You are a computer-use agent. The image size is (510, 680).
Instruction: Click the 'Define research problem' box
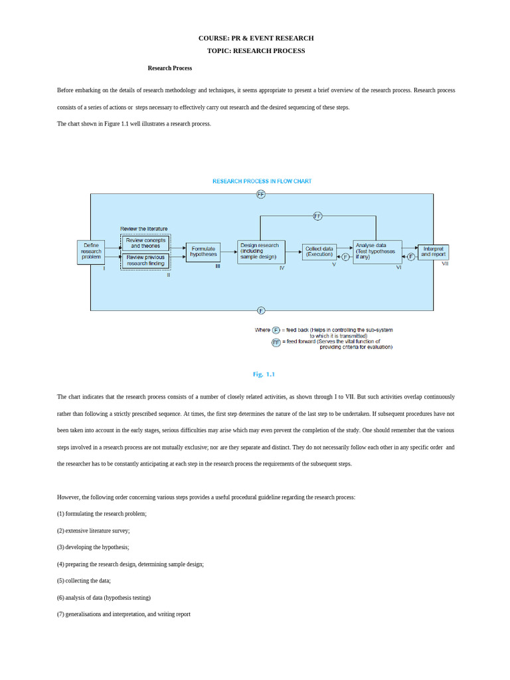(91, 252)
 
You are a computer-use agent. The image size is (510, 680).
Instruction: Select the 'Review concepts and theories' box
(145, 243)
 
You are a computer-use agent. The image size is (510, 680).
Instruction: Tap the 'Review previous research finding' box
(145, 260)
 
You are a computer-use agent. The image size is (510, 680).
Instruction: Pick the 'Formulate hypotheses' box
(203, 252)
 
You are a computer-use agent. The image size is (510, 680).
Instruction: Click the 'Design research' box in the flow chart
(261, 252)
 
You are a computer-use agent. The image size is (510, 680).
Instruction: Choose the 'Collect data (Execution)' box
(319, 252)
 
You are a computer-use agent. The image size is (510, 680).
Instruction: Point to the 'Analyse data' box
(377, 252)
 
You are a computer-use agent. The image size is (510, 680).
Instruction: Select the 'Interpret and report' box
(433, 252)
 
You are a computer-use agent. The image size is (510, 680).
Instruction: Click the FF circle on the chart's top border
(261, 194)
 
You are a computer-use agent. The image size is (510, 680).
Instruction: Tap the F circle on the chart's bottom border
(261, 310)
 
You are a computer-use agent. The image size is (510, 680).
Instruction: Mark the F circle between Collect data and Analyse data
(345, 257)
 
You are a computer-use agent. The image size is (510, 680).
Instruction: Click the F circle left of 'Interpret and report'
(411, 257)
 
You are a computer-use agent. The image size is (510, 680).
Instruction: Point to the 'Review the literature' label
(144, 228)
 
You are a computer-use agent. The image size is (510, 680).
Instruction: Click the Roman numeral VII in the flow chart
(445, 264)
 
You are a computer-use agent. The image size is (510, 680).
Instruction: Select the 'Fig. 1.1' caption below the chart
(264, 375)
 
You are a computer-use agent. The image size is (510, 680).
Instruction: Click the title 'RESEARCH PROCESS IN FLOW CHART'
(262, 181)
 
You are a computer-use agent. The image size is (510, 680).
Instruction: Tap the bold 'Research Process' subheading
(170, 68)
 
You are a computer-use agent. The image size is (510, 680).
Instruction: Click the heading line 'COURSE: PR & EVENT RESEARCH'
(256, 39)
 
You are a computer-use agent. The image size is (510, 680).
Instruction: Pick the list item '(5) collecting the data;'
(84, 580)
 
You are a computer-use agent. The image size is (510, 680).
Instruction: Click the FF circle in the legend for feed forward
(276, 343)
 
